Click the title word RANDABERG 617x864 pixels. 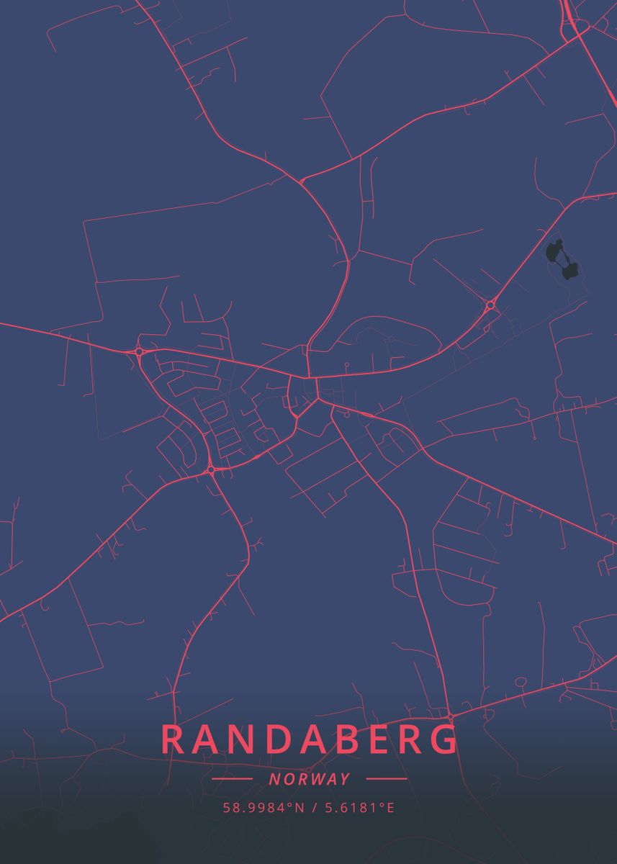[310, 739]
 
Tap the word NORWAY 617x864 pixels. [310, 779]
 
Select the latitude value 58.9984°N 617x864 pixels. [264, 807]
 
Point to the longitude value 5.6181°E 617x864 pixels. [359, 807]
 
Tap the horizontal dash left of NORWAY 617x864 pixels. [232, 779]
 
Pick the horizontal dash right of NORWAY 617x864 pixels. [387, 779]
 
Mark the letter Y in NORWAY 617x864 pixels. [345, 779]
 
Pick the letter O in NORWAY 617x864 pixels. [287, 779]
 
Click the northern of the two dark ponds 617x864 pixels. [555, 252]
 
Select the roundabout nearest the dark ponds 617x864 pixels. [490, 305]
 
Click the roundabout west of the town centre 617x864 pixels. [139, 351]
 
